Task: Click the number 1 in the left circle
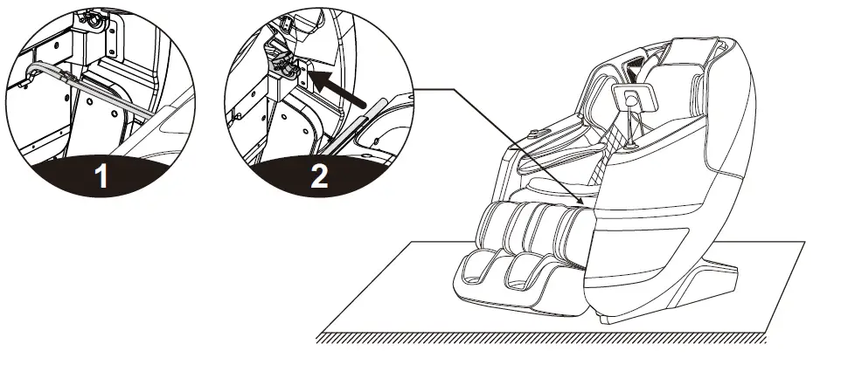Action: (101, 177)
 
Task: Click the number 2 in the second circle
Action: (319, 177)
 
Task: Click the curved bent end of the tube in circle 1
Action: (32, 70)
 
